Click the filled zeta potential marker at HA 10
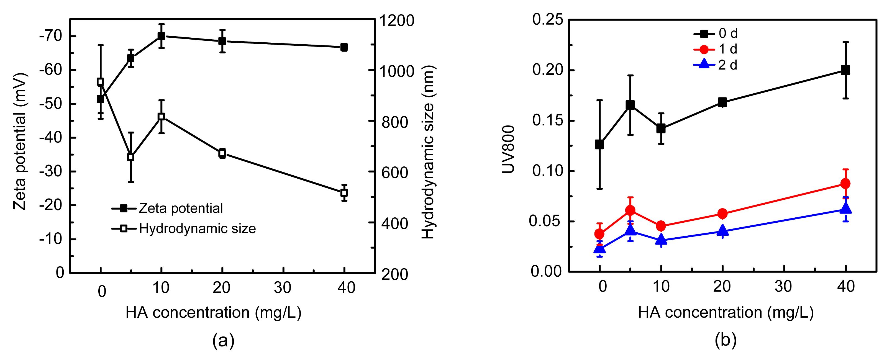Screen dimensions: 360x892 pos(161,36)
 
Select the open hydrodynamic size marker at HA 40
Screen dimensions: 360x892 pos(344,192)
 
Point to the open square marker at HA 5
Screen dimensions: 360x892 pos(130,157)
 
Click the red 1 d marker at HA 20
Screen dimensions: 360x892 pos(722,214)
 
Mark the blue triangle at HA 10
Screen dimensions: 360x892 pos(661,240)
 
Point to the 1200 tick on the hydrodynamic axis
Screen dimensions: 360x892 pos(397,21)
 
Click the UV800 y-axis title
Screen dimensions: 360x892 pos(508,149)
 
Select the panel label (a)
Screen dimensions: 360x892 pos(223,341)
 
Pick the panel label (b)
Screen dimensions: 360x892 pos(726,341)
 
